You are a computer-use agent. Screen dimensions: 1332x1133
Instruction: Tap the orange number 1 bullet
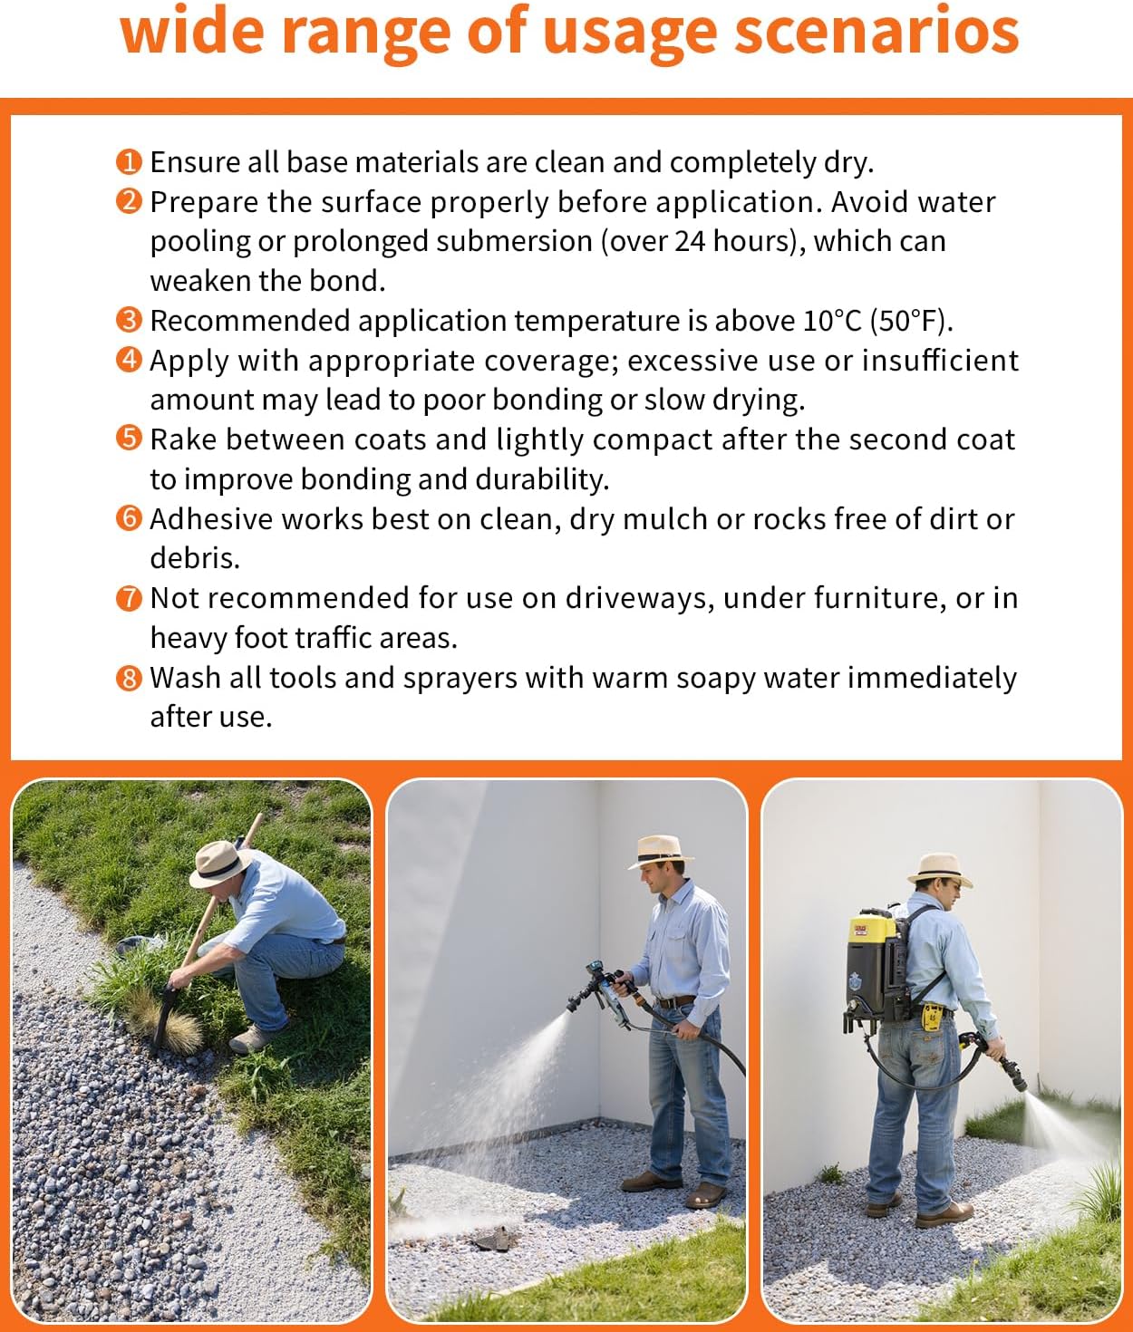[129, 162]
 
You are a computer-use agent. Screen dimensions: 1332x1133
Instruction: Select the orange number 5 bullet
[129, 439]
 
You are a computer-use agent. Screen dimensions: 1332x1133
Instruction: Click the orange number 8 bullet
[129, 678]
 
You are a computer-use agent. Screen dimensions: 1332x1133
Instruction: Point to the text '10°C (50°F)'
[876, 321]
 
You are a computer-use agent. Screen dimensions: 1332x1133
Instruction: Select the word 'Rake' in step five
[184, 439]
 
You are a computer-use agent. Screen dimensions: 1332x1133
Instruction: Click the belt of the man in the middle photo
[675, 1002]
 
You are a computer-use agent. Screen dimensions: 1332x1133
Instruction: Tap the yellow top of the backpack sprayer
[872, 929]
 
